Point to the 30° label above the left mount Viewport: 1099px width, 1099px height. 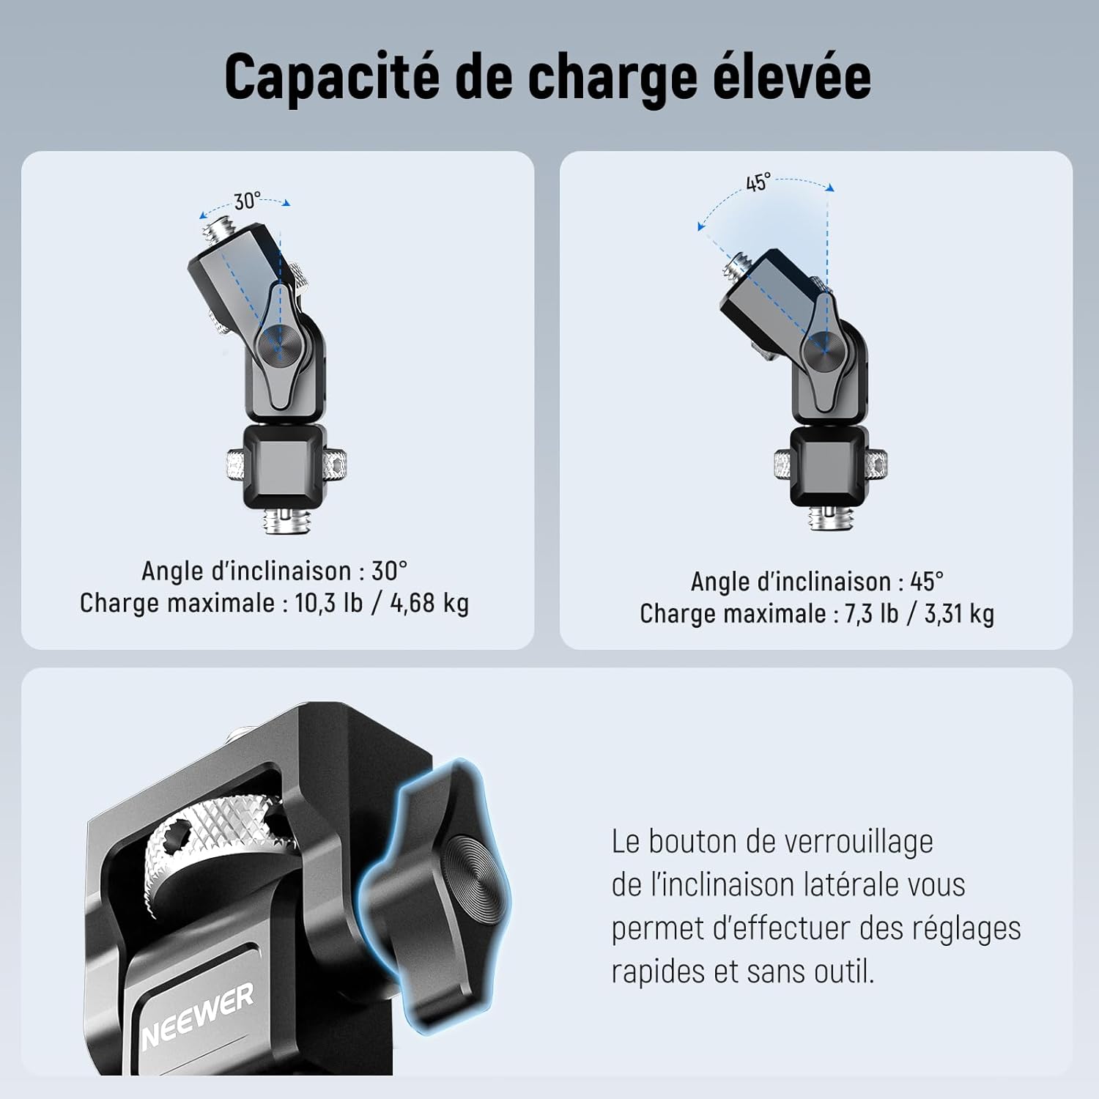pyautogui.click(x=247, y=200)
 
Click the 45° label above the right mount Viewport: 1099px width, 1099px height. pyautogui.click(x=758, y=182)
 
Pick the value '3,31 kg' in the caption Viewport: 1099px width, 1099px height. pyautogui.click(x=959, y=613)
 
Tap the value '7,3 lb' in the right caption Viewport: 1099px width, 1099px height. pyautogui.click(x=871, y=613)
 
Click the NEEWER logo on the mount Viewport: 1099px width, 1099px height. pyautogui.click(x=198, y=1015)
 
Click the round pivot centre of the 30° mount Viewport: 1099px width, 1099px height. pyautogui.click(x=278, y=343)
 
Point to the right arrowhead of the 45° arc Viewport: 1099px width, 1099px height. pyautogui.click(x=829, y=188)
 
